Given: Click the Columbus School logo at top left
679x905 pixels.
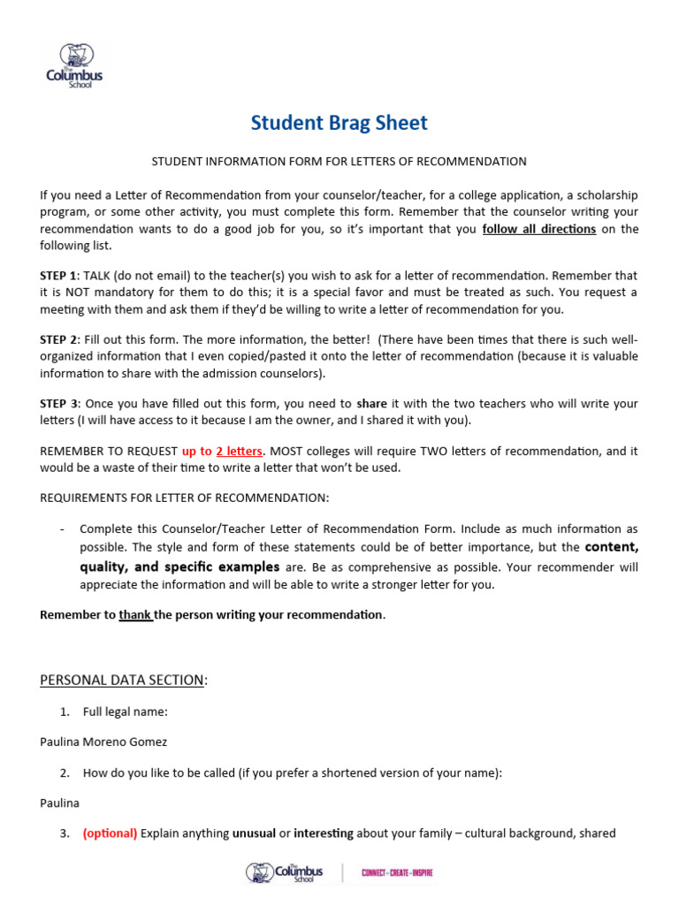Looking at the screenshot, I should pyautogui.click(x=75, y=64).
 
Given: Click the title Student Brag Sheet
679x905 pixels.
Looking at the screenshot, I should pyautogui.click(x=339, y=123).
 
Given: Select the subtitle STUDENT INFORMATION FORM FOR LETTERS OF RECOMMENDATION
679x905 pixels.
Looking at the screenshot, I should pyautogui.click(x=339, y=162).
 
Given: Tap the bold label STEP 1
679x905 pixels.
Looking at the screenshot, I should pyautogui.click(x=59, y=276).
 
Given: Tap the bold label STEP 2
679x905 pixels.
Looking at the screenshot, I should pyautogui.click(x=59, y=339).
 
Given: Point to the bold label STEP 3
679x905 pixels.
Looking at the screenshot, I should pyautogui.click(x=59, y=404).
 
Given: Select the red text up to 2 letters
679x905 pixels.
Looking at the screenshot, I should pyautogui.click(x=222, y=451).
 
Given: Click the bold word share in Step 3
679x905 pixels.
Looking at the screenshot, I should pyautogui.click(x=371, y=404).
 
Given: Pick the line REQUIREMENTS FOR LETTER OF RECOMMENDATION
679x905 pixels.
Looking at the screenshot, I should pyautogui.click(x=184, y=498).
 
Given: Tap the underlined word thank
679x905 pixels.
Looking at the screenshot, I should pyautogui.click(x=135, y=614).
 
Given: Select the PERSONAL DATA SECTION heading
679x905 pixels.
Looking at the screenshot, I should pyautogui.click(x=124, y=680).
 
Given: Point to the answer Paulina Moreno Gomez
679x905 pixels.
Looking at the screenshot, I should pyautogui.click(x=103, y=742).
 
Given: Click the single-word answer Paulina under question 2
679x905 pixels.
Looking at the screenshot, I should pyautogui.click(x=60, y=802).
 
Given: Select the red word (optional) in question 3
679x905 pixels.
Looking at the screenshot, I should pyautogui.click(x=110, y=833).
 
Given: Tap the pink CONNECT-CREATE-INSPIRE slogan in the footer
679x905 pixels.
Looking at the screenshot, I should pyautogui.click(x=397, y=873).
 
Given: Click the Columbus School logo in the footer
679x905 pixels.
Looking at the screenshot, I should pyautogui.click(x=285, y=873).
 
